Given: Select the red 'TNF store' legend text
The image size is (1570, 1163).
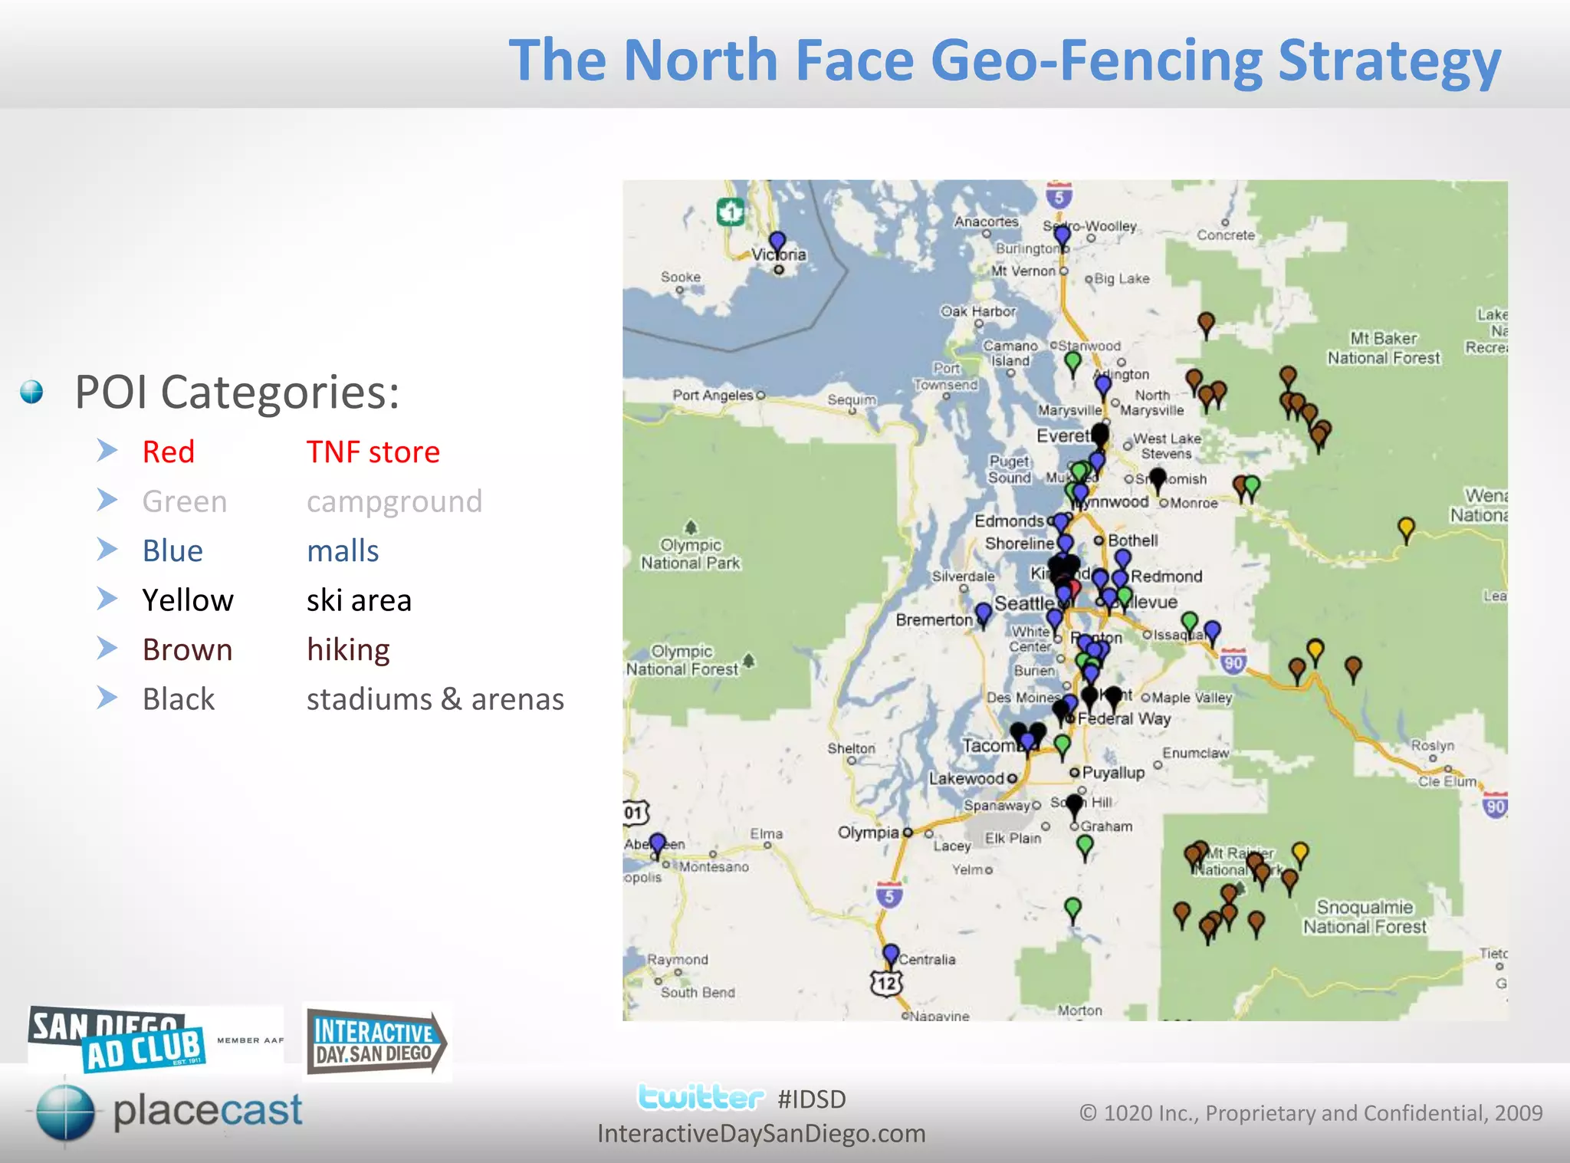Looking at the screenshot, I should click(x=373, y=452).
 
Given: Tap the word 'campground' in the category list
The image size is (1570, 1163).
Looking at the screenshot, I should click(x=394, y=501).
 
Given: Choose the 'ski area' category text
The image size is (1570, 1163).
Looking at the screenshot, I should click(x=359, y=600).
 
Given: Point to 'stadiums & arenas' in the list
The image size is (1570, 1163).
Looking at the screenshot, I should click(x=435, y=699).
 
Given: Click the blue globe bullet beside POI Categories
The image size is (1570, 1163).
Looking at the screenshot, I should click(x=31, y=392).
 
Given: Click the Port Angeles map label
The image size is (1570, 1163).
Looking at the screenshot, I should click(x=713, y=395).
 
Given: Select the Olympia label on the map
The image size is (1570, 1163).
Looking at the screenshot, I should click(x=868, y=833).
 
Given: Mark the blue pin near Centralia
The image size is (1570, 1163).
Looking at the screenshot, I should click(x=890, y=954).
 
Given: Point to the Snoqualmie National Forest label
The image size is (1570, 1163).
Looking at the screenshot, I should click(x=1365, y=917).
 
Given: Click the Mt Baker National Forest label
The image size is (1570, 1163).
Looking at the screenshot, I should click(x=1384, y=348).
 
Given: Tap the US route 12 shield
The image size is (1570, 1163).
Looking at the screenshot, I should click(x=886, y=983).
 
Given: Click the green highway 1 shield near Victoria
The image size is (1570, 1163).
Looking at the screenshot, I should click(x=730, y=211).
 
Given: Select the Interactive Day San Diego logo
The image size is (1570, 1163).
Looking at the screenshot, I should click(x=376, y=1042).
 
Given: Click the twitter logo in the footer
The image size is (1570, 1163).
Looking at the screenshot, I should click(x=701, y=1098).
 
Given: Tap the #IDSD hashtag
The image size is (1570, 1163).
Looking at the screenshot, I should click(x=811, y=1099).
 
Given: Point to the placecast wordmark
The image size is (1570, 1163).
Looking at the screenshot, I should click(x=207, y=1111).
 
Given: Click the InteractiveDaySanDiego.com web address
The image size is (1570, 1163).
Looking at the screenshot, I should click(x=761, y=1133).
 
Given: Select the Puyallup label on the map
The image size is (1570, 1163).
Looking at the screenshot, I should click(x=1113, y=773).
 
